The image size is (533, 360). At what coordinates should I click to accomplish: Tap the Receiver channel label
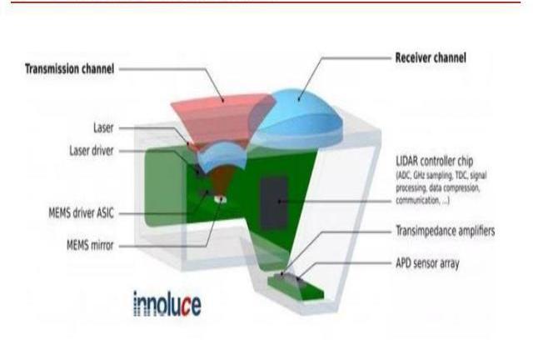click(430, 58)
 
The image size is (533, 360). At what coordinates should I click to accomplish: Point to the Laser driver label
click(91, 151)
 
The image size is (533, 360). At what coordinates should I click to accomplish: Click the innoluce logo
click(167, 303)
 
